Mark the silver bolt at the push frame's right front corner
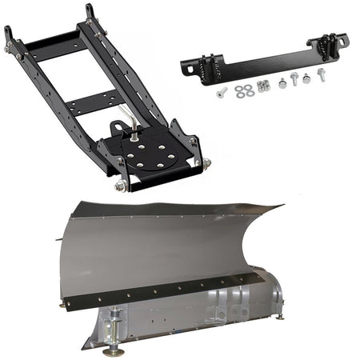207,163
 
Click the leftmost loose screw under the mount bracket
222,93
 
